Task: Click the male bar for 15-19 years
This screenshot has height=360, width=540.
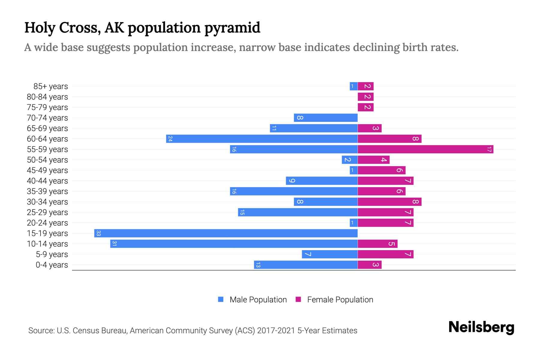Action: [226, 233]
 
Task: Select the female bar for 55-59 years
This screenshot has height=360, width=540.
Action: [425, 149]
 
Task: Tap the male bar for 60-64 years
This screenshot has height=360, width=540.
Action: [262, 139]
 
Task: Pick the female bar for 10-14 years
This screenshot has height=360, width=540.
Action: [377, 244]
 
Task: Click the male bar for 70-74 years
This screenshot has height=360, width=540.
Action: [325, 118]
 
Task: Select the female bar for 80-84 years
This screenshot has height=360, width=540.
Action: [365, 97]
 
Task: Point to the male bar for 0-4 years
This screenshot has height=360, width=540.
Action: [306, 265]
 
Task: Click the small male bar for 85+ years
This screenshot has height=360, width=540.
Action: [353, 86]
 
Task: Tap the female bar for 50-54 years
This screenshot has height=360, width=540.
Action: [373, 160]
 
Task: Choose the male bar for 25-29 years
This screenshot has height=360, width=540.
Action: [298, 212]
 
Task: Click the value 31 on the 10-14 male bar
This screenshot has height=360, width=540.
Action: [114, 244]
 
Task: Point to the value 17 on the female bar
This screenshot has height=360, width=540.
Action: [489, 149]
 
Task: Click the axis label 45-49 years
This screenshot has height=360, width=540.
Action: [47, 170]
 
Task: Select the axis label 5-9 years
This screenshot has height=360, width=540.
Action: [52, 254]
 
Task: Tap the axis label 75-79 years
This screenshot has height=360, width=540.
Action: [47, 107]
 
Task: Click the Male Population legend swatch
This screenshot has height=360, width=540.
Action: [221, 299]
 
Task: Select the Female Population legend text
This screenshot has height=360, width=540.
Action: [340, 300]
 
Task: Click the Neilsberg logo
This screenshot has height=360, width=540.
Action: [481, 327]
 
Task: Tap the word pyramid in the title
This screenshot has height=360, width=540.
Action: [232, 28]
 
